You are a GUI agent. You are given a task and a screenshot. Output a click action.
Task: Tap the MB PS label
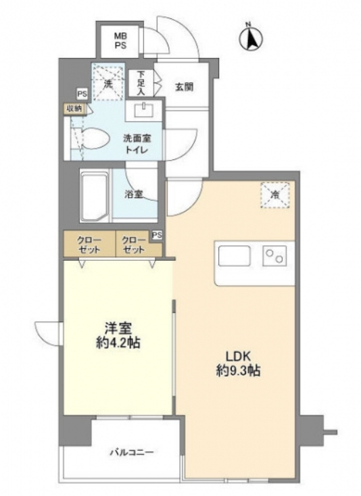pos(120,41)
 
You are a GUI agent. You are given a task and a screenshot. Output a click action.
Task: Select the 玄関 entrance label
pos(184,86)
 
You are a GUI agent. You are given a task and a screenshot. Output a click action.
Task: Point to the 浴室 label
pos(134,194)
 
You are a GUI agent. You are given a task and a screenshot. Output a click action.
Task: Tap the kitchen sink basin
pos(234,256)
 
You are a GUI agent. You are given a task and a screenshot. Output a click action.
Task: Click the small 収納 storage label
pos(74,108)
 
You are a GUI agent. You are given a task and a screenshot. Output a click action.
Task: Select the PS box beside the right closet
pos(157,235)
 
